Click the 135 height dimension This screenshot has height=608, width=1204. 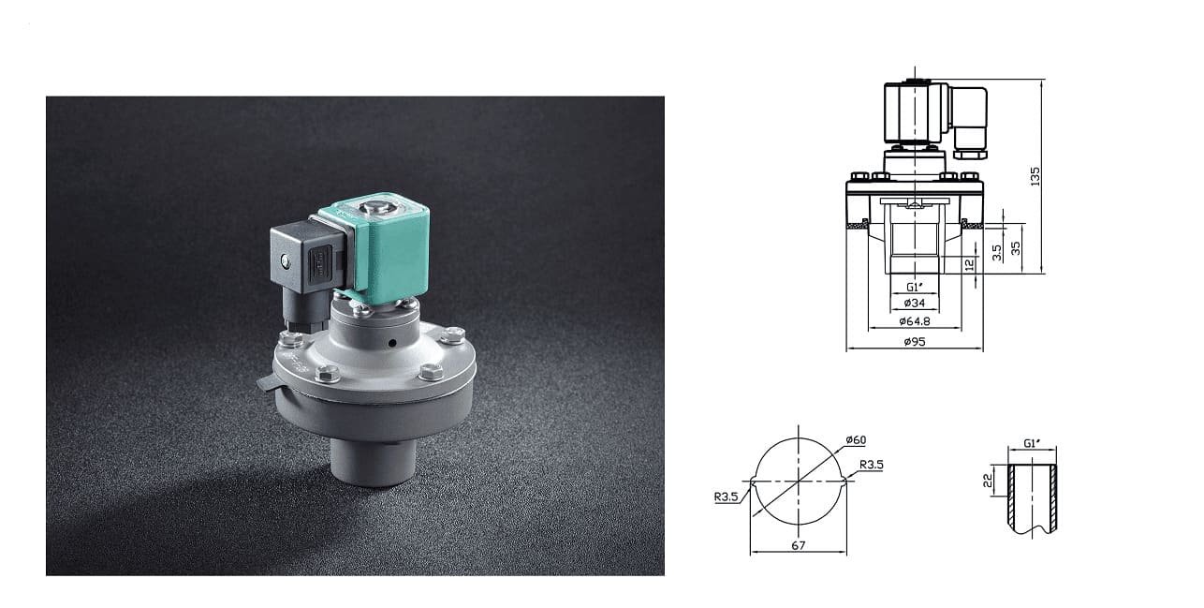(x=1035, y=176)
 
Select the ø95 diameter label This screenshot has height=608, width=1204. (x=915, y=342)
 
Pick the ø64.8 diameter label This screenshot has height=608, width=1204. (x=915, y=321)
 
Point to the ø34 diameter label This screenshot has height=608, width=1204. (x=914, y=304)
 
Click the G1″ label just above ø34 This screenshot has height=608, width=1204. (x=915, y=287)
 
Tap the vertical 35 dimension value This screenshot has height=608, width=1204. (x=1016, y=248)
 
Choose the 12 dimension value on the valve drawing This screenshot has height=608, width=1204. (x=970, y=265)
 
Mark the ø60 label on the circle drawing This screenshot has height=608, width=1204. (x=854, y=439)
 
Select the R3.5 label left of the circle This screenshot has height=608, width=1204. (x=727, y=497)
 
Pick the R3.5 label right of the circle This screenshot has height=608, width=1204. (x=872, y=464)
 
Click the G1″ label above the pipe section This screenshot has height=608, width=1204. (x=1032, y=442)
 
